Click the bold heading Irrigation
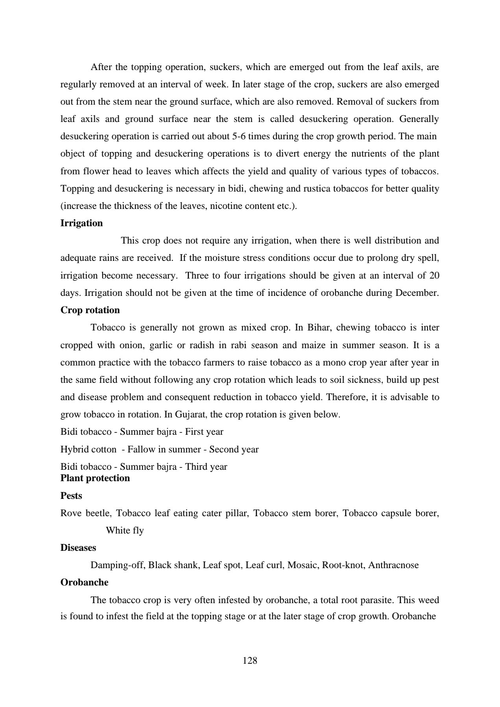[x=81, y=223]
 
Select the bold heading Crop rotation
[x=90, y=310]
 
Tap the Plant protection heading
[x=95, y=478]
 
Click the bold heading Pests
[x=71, y=496]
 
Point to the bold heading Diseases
[x=78, y=548]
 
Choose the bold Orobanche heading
[x=85, y=582]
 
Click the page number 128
[x=250, y=661]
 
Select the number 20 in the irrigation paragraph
[x=434, y=275]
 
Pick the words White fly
[x=125, y=530]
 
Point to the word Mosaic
[x=303, y=565]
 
